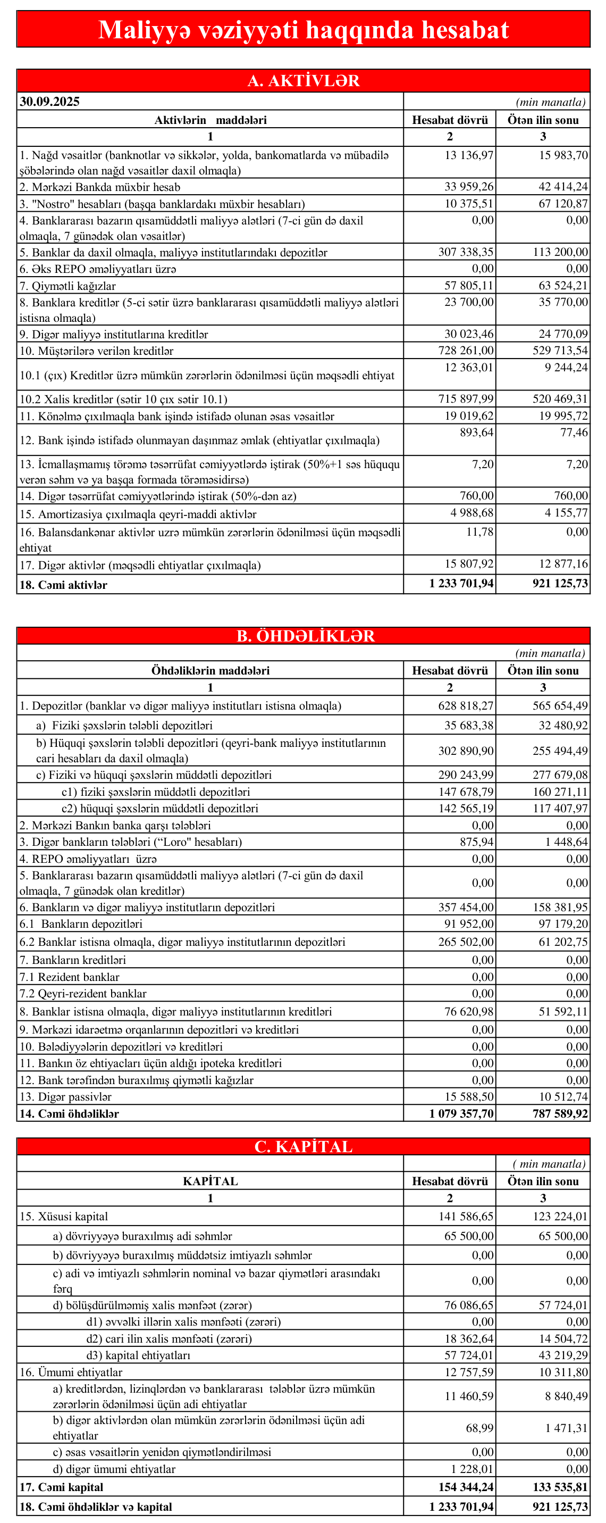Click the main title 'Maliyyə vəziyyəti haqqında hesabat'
(303, 30)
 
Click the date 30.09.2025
(49, 102)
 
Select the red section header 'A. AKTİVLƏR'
(303, 81)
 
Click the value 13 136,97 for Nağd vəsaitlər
(468, 155)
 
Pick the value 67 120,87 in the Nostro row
(563, 204)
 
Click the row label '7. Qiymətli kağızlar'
(68, 286)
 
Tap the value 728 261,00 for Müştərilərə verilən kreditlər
(466, 351)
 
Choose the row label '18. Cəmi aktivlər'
(63, 585)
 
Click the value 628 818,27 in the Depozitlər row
(466, 706)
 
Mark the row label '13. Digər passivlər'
(65, 1097)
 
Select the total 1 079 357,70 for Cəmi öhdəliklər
(461, 1114)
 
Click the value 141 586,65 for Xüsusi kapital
(466, 1217)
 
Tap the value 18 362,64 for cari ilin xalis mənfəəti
(468, 1339)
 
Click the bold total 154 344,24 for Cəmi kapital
(461, 1487)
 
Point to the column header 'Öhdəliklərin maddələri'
(211, 671)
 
